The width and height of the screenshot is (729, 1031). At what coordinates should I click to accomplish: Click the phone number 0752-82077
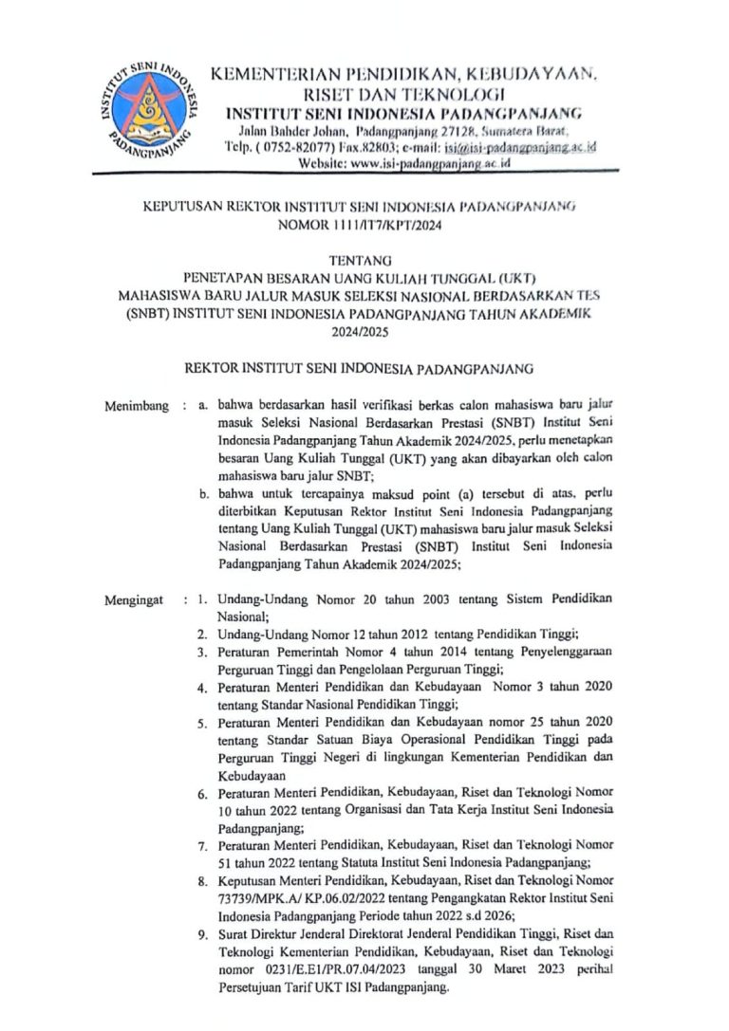click(x=300, y=147)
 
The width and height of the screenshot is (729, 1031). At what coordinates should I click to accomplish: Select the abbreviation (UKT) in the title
click(x=512, y=278)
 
